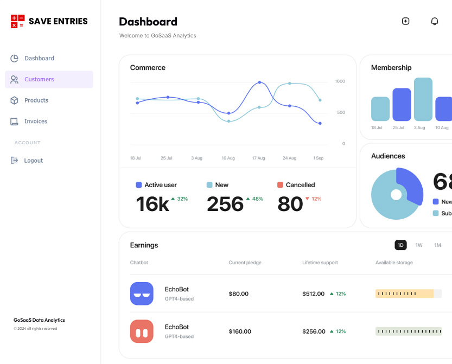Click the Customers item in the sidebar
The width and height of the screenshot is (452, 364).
click(x=39, y=79)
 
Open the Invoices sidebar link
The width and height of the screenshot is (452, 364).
click(x=36, y=122)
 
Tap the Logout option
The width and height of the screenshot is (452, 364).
click(x=33, y=161)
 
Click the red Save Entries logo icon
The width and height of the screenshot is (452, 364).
click(x=17, y=21)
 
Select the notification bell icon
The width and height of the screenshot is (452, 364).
click(x=434, y=21)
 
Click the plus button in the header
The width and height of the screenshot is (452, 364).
click(x=405, y=21)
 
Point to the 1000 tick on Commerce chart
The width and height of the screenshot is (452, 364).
click(x=340, y=81)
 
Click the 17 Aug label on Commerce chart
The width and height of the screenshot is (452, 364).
click(x=258, y=158)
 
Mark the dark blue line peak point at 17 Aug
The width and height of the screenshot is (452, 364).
click(x=259, y=82)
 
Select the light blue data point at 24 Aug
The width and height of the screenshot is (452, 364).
click(x=290, y=84)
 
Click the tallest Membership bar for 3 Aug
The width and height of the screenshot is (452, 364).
click(x=423, y=99)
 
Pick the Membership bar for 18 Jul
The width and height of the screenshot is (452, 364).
click(x=380, y=109)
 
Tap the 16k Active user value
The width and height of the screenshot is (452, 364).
click(x=152, y=204)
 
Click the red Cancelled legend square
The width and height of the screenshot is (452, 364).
click(x=280, y=185)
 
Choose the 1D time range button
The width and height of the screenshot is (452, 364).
click(x=400, y=245)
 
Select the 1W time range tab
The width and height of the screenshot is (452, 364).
click(x=419, y=245)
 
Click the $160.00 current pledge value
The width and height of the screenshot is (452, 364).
click(x=240, y=331)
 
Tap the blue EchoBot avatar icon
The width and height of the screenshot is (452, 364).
click(x=142, y=293)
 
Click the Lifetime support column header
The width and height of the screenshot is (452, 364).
click(x=320, y=263)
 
